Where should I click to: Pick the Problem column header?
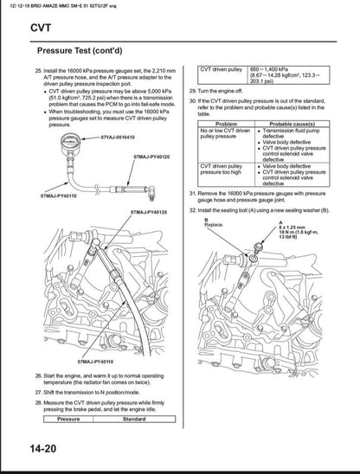(226, 124)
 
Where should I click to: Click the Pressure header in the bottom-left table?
(68, 419)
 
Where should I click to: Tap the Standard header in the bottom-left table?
(134, 419)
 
